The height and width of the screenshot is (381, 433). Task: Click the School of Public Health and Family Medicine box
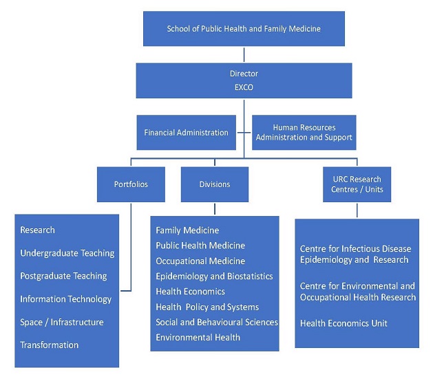pyautogui.click(x=244, y=29)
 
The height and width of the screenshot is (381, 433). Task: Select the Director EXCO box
pyautogui.click(x=244, y=80)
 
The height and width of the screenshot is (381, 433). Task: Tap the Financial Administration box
pyautogui.click(x=186, y=132)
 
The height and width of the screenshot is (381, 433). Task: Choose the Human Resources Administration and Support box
pyautogui.click(x=303, y=132)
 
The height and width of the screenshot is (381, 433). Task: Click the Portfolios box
pyautogui.click(x=131, y=184)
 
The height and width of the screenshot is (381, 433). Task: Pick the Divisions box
pyautogui.click(x=215, y=184)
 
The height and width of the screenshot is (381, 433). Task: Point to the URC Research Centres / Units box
pyautogui.click(x=357, y=184)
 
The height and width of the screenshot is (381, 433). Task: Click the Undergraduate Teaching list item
pyautogui.click(x=67, y=253)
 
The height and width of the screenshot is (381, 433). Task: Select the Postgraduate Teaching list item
pyautogui.click(x=63, y=276)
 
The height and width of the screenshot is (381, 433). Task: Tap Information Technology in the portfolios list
pyautogui.click(x=65, y=299)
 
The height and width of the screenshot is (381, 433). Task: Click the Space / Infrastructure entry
pyautogui.click(x=62, y=322)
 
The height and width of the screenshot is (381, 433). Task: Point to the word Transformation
pyautogui.click(x=50, y=345)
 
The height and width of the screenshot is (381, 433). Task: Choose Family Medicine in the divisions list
pyautogui.click(x=187, y=230)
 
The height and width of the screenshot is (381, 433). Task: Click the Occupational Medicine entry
pyautogui.click(x=200, y=261)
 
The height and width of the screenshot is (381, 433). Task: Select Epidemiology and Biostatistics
pyautogui.click(x=214, y=276)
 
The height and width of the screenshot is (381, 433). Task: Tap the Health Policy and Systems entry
pyautogui.click(x=207, y=307)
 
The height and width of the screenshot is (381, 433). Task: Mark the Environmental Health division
pyautogui.click(x=198, y=338)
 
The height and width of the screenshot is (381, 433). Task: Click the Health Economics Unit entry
pyautogui.click(x=344, y=323)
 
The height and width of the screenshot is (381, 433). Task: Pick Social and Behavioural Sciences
pyautogui.click(x=217, y=322)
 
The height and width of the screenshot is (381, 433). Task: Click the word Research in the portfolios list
pyautogui.click(x=38, y=230)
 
